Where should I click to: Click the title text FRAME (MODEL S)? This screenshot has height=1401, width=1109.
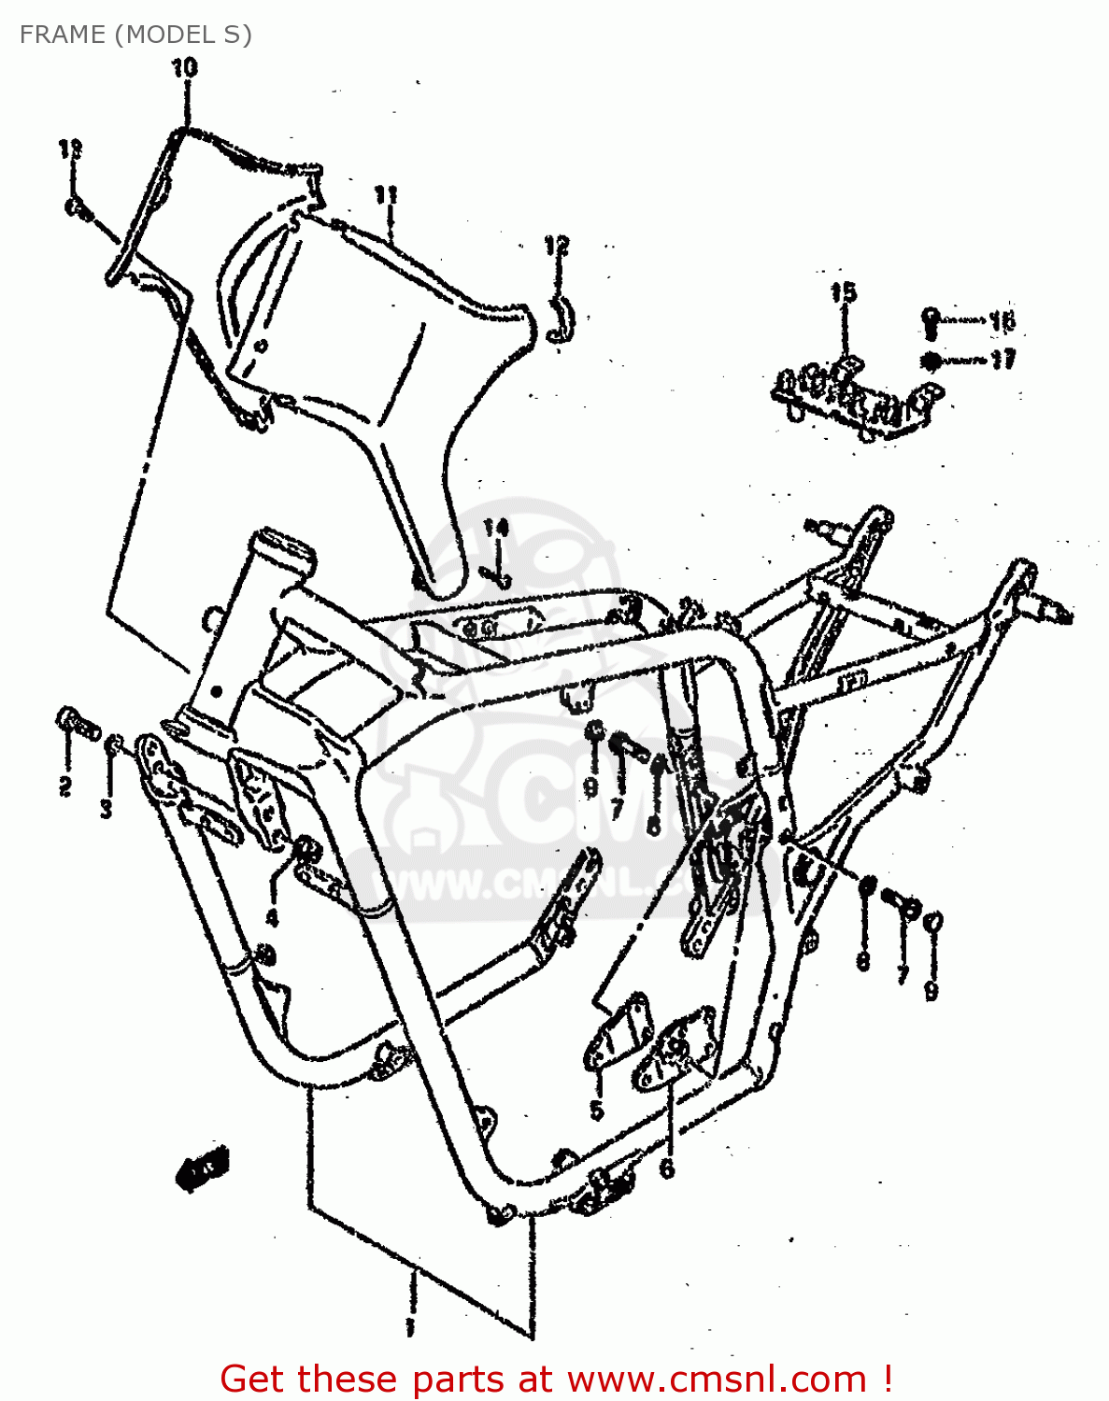click(135, 35)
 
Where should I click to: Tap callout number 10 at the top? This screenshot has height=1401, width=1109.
click(184, 67)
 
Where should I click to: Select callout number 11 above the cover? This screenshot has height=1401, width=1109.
click(386, 194)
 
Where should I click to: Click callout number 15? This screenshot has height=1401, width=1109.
click(843, 292)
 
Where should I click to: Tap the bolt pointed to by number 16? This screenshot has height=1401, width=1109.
click(931, 320)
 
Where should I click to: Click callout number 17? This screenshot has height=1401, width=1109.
click(1002, 360)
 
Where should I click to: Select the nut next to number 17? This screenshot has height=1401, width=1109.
click(931, 361)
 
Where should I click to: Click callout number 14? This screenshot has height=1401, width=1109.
click(495, 528)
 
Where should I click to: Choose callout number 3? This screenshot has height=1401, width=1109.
click(107, 808)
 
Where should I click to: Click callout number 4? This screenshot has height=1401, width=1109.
click(272, 918)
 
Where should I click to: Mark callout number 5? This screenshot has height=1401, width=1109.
click(596, 1110)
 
